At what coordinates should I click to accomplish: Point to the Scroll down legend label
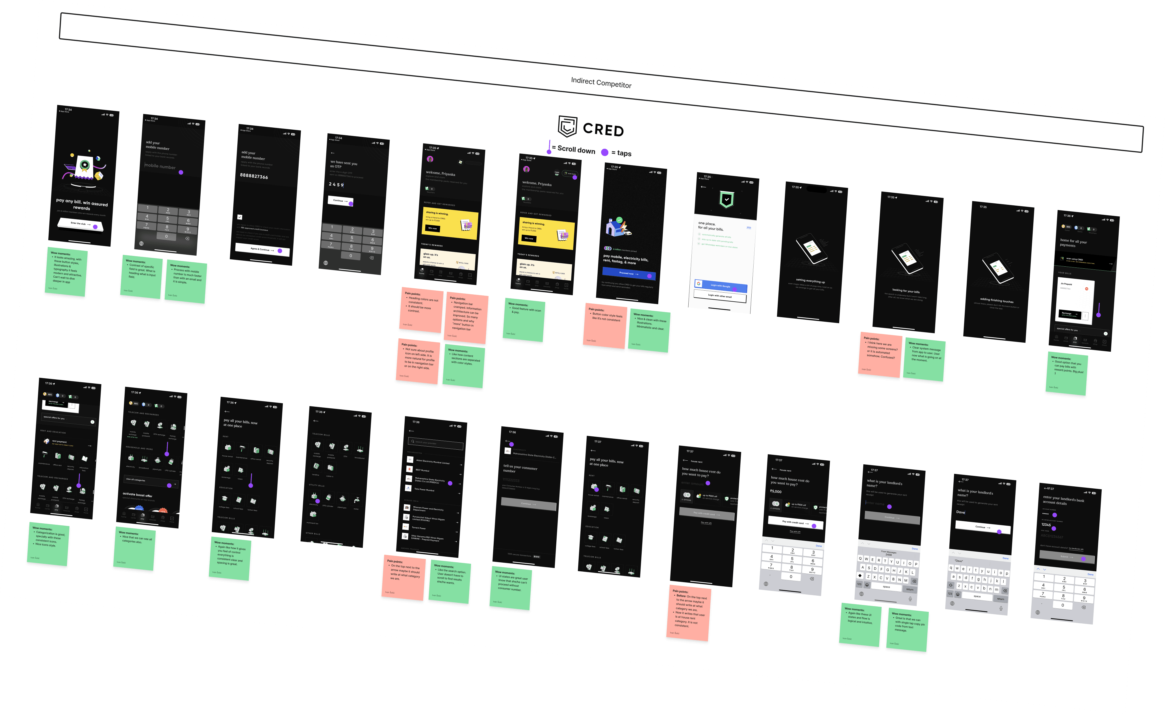tap(576, 150)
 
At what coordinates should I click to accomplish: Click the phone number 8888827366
tap(254, 176)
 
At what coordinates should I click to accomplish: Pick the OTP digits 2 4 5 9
tap(336, 184)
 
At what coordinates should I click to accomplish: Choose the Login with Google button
tap(720, 286)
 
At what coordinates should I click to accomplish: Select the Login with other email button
tap(720, 296)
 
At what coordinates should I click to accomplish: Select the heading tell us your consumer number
tap(520, 468)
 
